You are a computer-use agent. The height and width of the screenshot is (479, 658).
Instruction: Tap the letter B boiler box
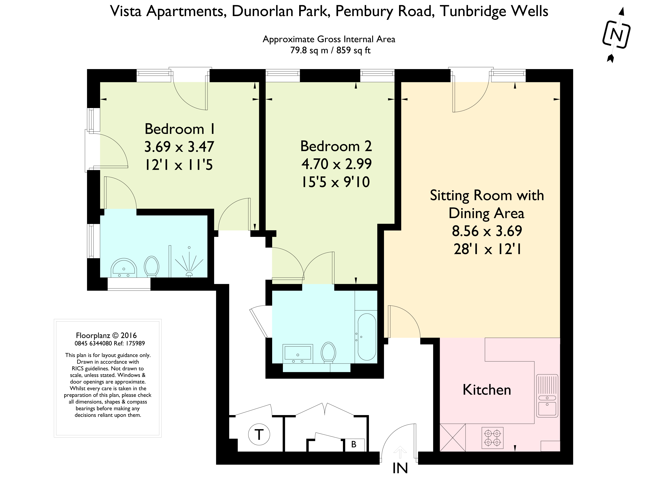click(354, 444)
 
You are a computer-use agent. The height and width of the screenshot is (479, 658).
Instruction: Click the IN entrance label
click(400, 468)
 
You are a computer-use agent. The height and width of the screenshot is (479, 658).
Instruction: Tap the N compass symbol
click(616, 35)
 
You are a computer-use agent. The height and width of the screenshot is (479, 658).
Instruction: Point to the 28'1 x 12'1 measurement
click(487, 249)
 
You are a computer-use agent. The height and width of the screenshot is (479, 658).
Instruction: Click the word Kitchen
click(487, 389)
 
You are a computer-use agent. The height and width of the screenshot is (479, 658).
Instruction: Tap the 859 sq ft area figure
click(353, 51)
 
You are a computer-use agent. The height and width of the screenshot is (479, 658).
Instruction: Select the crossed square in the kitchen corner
click(452, 438)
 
